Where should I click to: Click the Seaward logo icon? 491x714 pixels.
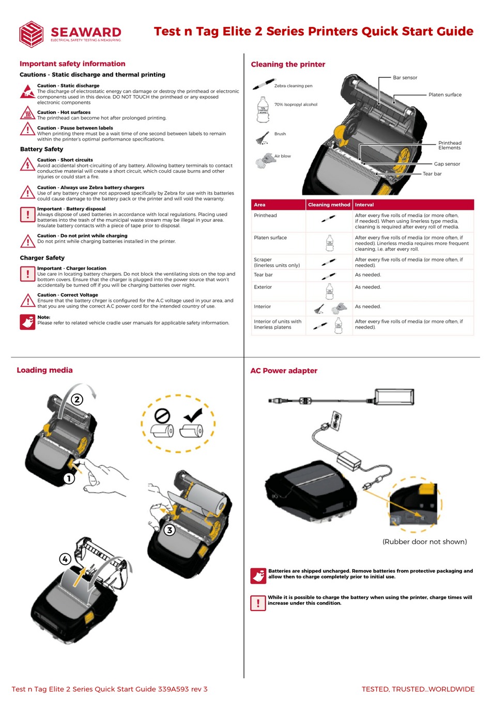pos(31,34)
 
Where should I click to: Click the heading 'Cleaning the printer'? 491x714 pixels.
pos(288,65)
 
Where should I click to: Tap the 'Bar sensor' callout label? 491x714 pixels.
pos(405,78)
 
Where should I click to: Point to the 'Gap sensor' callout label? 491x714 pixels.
pos(447,164)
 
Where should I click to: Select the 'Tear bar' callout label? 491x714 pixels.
pos(432,174)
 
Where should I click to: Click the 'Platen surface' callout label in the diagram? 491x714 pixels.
pos(444,95)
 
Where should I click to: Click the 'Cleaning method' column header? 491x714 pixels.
pos(329,205)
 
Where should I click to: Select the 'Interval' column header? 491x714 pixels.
pos(364,205)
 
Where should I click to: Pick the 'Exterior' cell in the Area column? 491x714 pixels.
pos(263,287)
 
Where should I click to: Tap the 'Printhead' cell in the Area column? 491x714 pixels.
pos(266,216)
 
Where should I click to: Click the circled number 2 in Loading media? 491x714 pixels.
pos(77,399)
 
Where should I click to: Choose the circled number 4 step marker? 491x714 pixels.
pos(65,559)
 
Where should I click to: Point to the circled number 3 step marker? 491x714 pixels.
pos(169,530)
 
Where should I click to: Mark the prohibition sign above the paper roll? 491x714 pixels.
pos(162,416)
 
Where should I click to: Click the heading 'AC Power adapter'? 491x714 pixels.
pos(284,371)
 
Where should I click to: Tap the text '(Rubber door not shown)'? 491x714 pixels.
pos(424,542)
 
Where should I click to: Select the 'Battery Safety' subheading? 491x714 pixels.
pos(41,149)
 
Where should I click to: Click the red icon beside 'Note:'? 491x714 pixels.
pos(27,322)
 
